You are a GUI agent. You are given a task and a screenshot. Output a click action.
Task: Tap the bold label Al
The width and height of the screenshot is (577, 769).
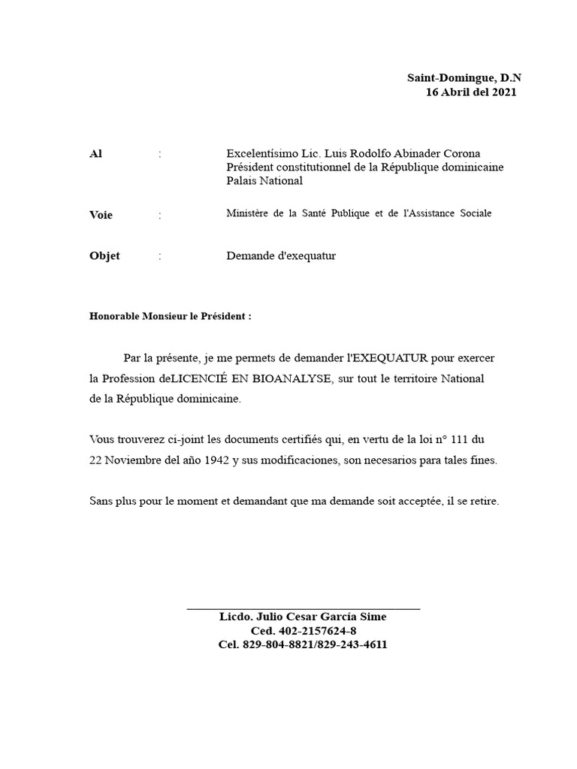point(95,154)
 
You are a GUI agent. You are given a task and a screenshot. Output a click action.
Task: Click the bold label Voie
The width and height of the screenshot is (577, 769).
point(101,216)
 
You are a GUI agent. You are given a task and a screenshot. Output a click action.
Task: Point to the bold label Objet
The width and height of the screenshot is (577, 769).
point(104,256)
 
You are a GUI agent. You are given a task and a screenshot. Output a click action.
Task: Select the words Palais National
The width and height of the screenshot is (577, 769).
point(264,181)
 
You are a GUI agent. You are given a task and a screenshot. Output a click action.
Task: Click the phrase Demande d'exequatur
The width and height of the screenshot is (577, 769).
point(281,256)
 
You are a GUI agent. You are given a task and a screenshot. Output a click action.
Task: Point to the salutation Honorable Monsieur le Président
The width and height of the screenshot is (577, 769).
point(169,317)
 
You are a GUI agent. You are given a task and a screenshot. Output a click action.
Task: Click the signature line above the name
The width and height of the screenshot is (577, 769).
point(303,608)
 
